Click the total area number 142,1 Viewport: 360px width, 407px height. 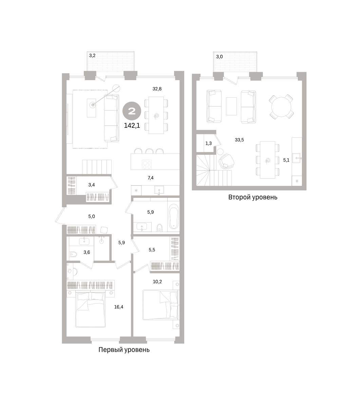[132, 126]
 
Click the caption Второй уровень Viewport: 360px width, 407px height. [253, 197]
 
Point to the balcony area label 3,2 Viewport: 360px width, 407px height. [92, 56]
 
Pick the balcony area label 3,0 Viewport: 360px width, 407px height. [219, 57]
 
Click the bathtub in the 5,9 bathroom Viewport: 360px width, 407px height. [174, 216]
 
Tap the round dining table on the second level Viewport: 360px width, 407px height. [281, 106]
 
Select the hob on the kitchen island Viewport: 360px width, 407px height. [147, 164]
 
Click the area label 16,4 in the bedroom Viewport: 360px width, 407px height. [119, 307]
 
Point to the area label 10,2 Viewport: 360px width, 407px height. [157, 282]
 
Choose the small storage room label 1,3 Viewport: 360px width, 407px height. [208, 143]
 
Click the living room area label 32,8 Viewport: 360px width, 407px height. [157, 89]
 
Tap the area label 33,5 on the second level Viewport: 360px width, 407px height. [239, 140]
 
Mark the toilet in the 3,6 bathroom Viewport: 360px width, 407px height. [73, 254]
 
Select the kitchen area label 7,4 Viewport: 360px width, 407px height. [150, 178]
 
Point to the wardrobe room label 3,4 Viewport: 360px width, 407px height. [92, 185]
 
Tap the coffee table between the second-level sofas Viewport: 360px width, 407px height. [231, 106]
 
